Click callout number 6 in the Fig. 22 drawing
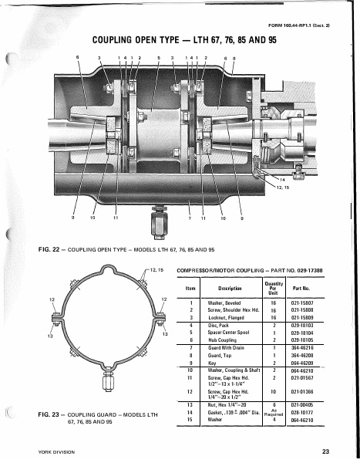[77, 58]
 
